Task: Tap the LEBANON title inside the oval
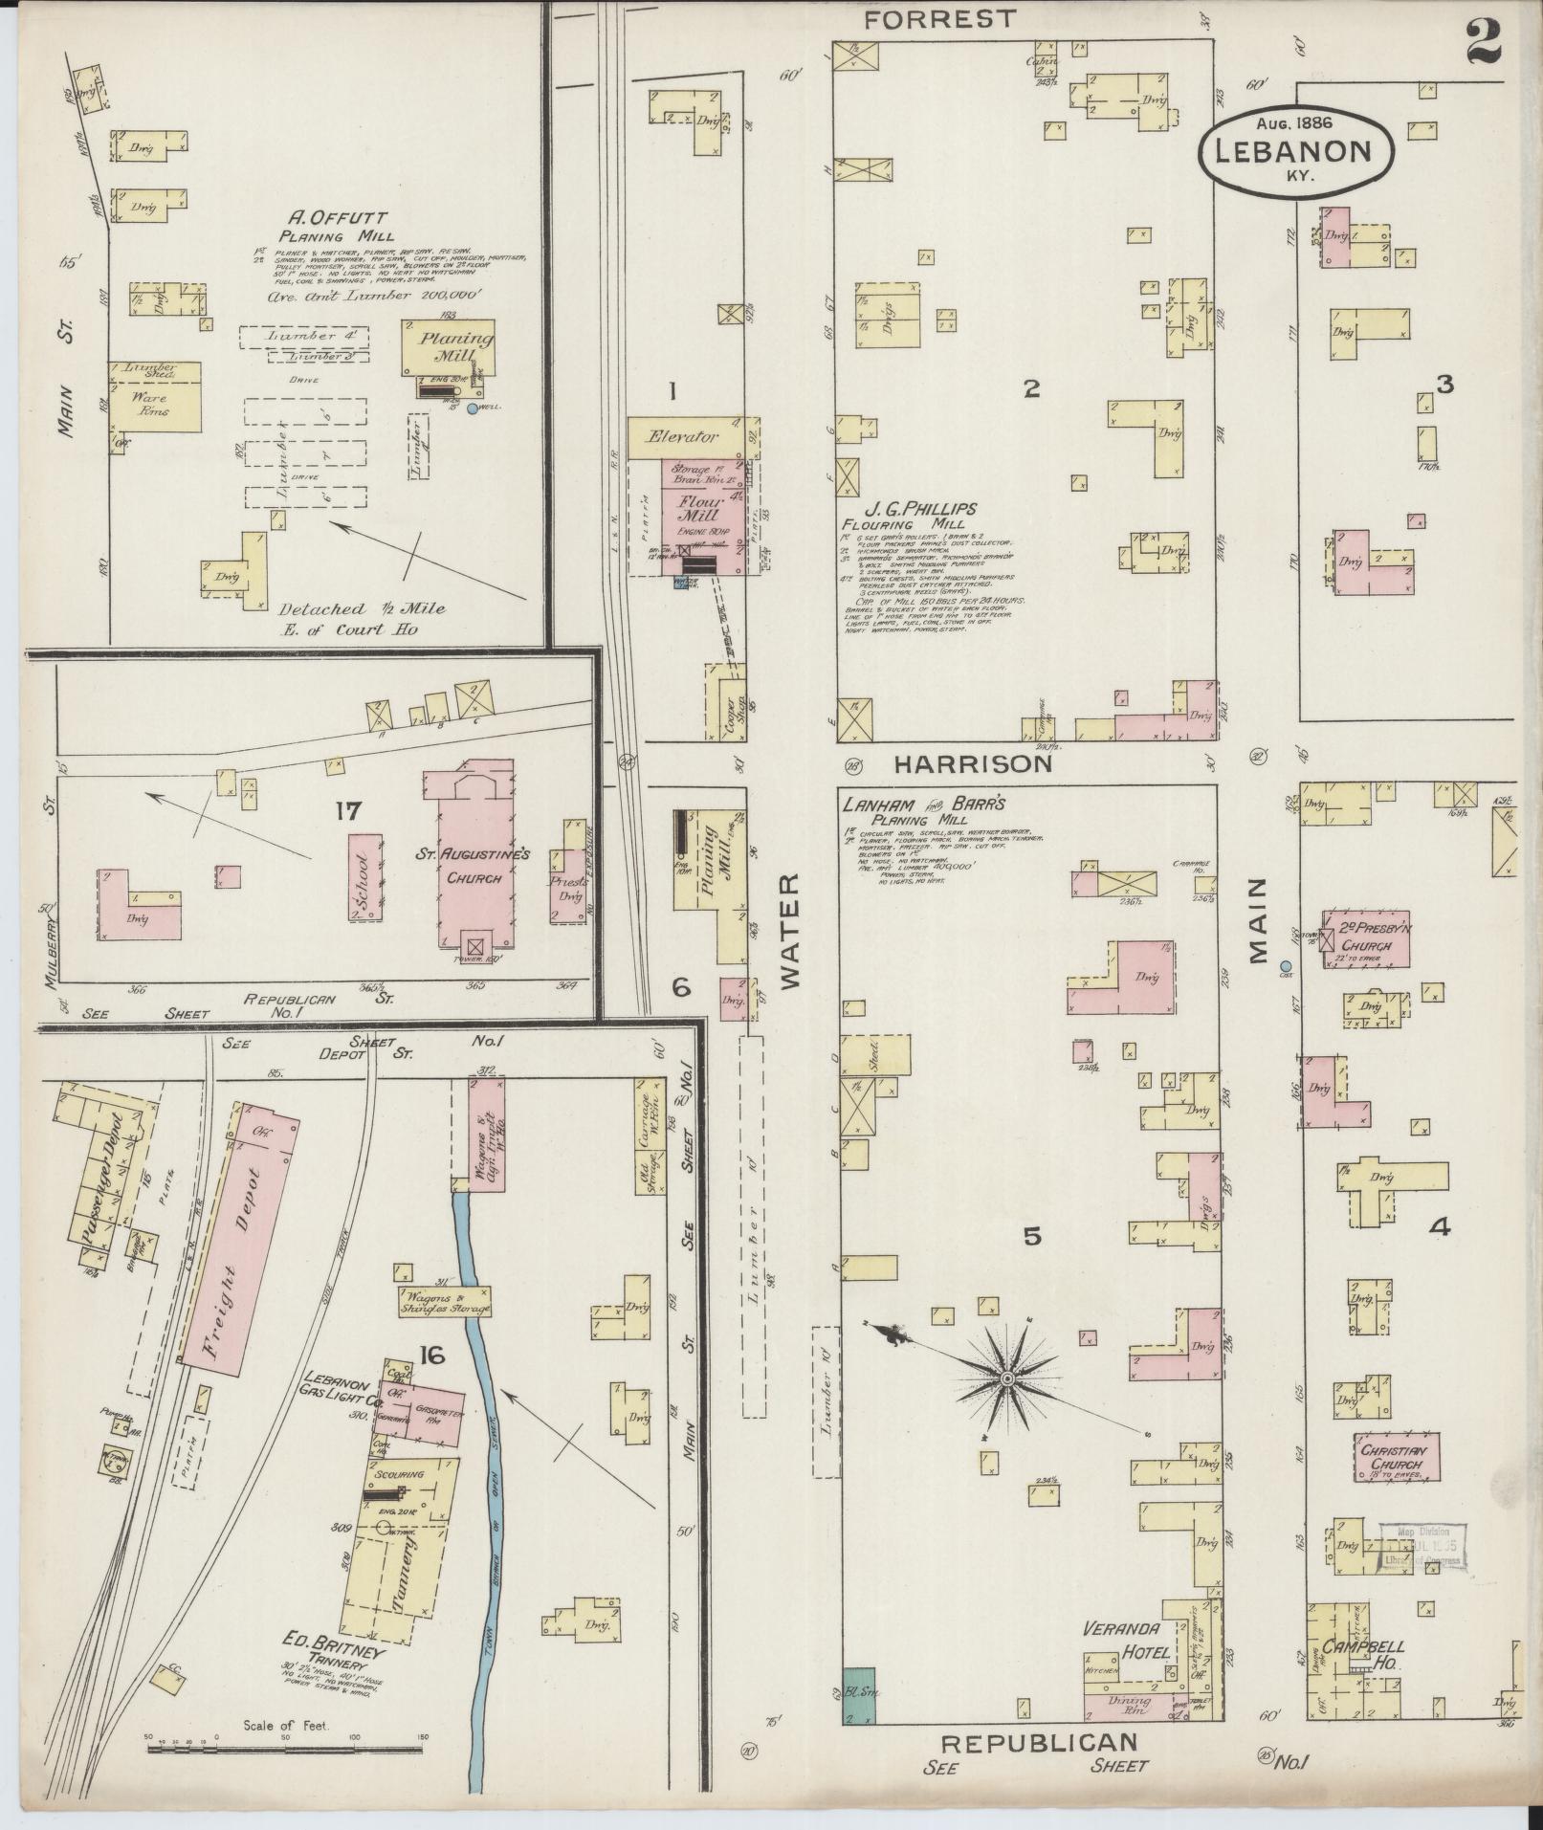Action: point(1292,151)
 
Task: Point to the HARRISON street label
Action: point(973,763)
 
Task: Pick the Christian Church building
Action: point(1396,1457)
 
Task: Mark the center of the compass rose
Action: point(1006,1378)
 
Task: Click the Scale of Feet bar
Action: point(287,1748)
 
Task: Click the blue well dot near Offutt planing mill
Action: point(472,409)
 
